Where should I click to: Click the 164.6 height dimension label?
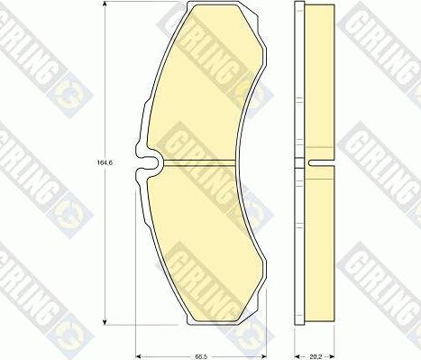click(x=92, y=163)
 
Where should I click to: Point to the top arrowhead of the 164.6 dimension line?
click(x=106, y=8)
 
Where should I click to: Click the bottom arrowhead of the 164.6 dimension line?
click(x=106, y=322)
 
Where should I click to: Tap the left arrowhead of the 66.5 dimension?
click(x=138, y=350)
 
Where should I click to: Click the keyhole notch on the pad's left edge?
click(x=148, y=164)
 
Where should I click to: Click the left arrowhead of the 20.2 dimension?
click(x=298, y=350)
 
